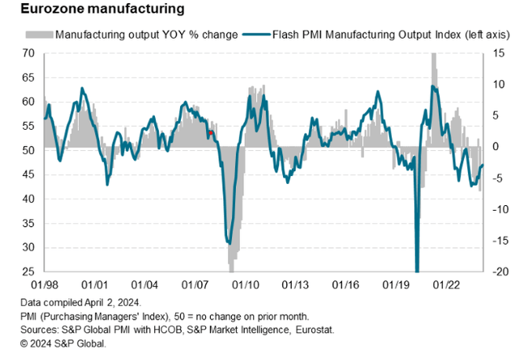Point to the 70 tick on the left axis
tap(28, 54)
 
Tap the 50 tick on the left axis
tap(28, 151)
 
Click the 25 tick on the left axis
tap(28, 272)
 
